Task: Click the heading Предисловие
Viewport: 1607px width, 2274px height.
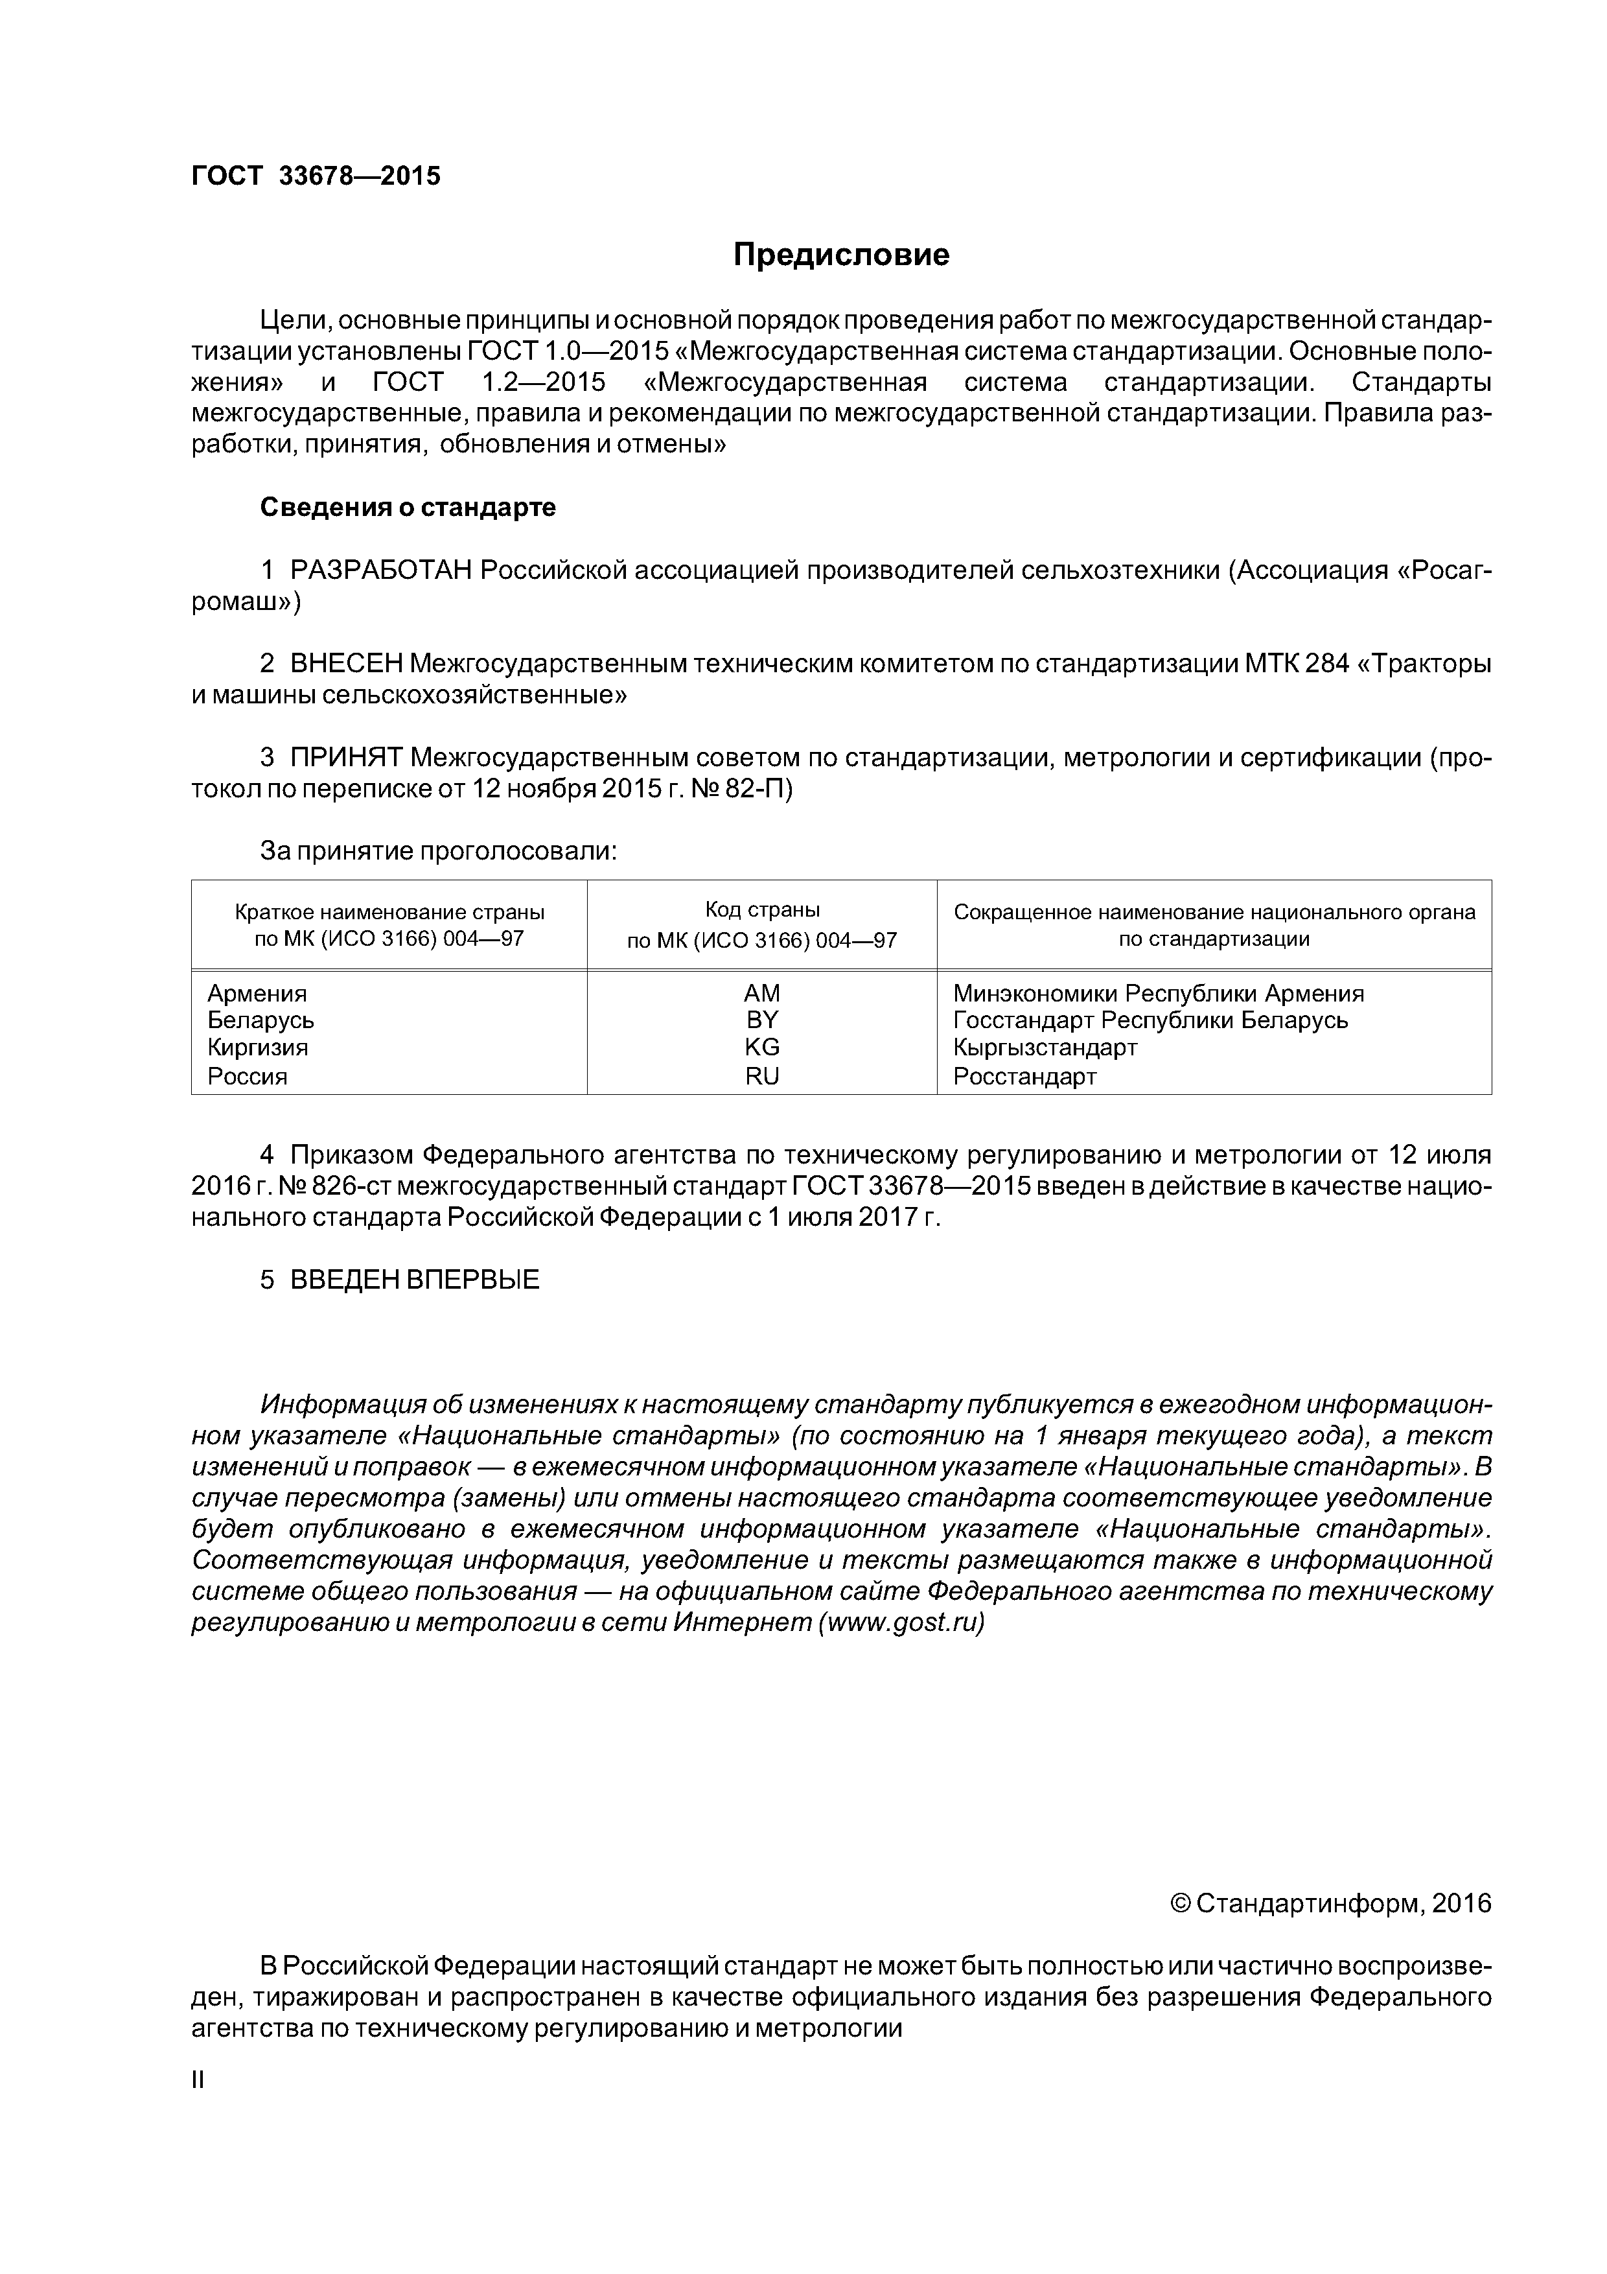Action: tap(840, 255)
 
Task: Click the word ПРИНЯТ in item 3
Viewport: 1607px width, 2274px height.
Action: tap(345, 758)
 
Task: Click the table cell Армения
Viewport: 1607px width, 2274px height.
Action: tap(257, 992)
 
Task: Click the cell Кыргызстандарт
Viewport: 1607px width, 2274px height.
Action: tap(1045, 1047)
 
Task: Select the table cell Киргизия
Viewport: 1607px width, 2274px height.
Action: tap(257, 1047)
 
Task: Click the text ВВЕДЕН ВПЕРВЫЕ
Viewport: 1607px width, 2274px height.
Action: tap(414, 1280)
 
